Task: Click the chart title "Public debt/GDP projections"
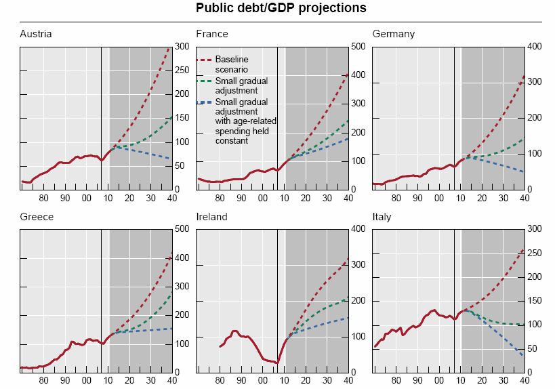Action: click(x=281, y=8)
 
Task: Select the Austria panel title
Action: click(x=36, y=34)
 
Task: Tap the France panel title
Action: click(x=212, y=34)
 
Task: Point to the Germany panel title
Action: click(x=394, y=34)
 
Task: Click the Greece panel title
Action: click(x=37, y=217)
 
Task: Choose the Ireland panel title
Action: click(x=211, y=217)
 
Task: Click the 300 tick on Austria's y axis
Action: click(x=182, y=46)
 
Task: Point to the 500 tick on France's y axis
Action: click(x=358, y=46)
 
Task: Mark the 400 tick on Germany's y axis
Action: click(x=534, y=46)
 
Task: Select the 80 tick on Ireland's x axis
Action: click(x=220, y=381)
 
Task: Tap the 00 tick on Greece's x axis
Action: click(x=85, y=381)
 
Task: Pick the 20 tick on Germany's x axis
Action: click(x=482, y=198)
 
